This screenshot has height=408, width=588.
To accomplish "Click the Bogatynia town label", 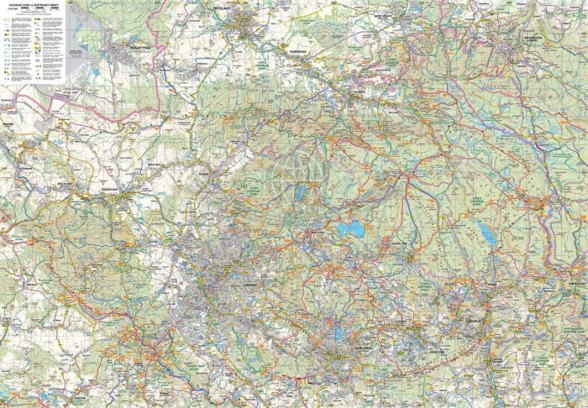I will click(138, 47).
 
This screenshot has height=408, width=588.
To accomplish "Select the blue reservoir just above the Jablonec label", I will click(337, 333).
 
